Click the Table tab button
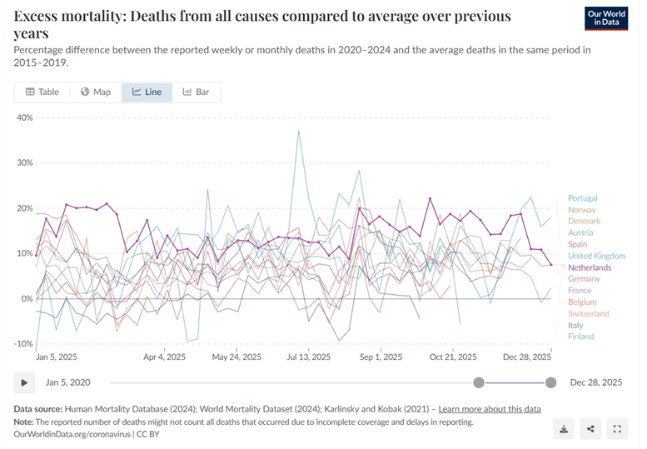(x=42, y=92)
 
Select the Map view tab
(x=96, y=92)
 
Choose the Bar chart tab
(x=197, y=92)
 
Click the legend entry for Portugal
(x=582, y=198)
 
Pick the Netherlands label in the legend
(x=589, y=267)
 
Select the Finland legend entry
(x=580, y=337)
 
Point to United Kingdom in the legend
(x=595, y=256)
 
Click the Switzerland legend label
(x=589, y=313)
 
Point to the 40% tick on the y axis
(x=24, y=117)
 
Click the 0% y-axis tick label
(x=27, y=298)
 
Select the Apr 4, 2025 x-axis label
(x=164, y=357)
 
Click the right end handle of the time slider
(x=550, y=382)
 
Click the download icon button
(x=564, y=429)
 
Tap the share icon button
(x=590, y=429)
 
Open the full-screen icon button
(x=617, y=429)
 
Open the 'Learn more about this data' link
(x=490, y=409)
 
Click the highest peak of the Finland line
(x=298, y=131)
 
